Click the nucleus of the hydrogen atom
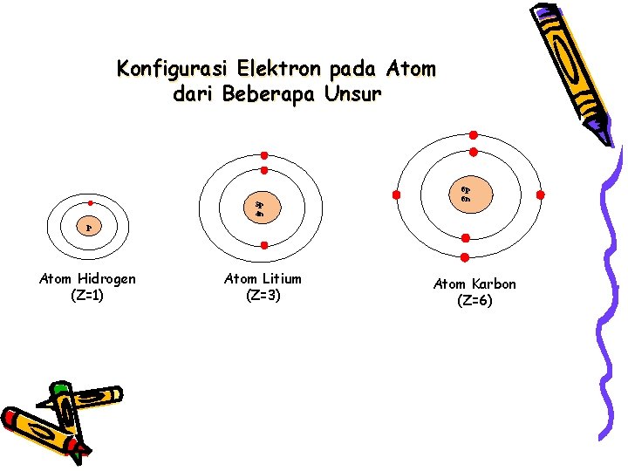coord(89,228)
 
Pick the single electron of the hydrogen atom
coord(90,202)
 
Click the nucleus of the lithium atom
coord(260,208)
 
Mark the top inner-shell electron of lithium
coord(263,170)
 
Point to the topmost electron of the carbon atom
coord(473,135)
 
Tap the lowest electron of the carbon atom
coord(465,256)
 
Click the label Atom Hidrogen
coord(87,279)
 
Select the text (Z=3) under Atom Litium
coord(263,296)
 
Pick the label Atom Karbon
coord(474,284)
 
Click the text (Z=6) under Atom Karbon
coord(474,302)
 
